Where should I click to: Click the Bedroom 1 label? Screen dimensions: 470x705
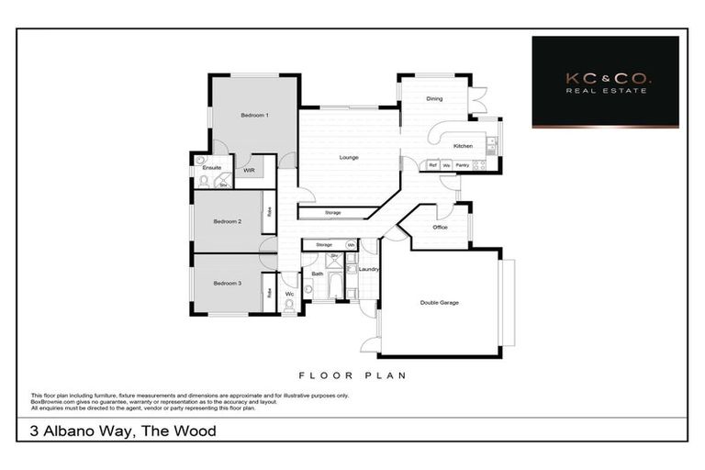tap(254, 115)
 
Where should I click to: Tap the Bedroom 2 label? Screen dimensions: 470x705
tap(227, 221)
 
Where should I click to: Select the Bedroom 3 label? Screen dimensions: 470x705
tap(227, 284)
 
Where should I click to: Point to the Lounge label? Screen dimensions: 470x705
tap(349, 157)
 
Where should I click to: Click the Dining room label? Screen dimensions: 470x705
tap(435, 98)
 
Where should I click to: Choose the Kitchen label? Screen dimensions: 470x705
tap(463, 146)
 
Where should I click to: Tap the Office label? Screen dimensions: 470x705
tap(440, 227)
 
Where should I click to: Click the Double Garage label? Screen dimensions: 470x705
tap(440, 302)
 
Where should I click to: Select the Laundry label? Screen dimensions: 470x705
tap(370, 269)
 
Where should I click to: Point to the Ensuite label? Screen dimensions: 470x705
tap(210, 168)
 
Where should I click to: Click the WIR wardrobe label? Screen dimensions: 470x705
tap(249, 170)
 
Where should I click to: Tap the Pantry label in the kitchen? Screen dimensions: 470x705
tap(463, 165)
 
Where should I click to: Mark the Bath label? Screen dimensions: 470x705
tap(317, 274)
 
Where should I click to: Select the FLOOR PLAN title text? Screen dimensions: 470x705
tap(352, 375)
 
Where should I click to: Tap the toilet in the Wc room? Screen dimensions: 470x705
tap(290, 309)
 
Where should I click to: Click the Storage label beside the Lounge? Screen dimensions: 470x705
tap(332, 213)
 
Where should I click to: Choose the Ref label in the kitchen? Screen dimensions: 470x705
tap(432, 165)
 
